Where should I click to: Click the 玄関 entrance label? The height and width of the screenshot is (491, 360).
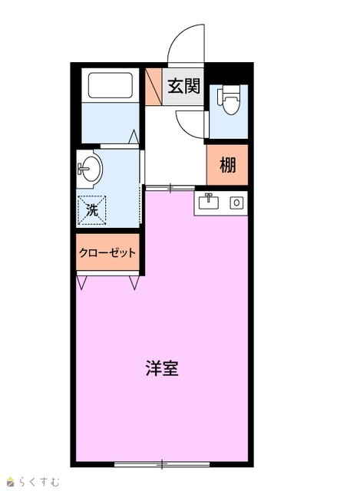tap(184, 86)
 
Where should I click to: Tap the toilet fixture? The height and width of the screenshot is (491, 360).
tap(229, 99)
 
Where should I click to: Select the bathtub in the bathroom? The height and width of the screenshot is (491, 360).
tap(110, 85)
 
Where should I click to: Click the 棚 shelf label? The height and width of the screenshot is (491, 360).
tap(227, 165)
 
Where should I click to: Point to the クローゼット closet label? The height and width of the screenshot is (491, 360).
tap(107, 252)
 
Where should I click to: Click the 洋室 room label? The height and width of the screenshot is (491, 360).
tap(162, 368)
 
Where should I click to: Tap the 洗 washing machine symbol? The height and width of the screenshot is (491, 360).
tap(92, 210)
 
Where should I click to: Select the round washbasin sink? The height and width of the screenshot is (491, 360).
tap(90, 169)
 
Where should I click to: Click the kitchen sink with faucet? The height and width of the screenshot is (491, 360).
tap(209, 202)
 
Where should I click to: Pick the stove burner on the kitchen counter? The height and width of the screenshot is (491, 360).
tap(236, 203)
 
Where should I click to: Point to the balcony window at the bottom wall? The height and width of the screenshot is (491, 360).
tap(162, 463)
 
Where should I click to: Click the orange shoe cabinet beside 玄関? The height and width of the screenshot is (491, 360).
tap(154, 87)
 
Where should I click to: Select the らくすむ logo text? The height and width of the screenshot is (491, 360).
tap(39, 482)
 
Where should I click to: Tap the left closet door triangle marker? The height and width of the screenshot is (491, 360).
tap(82, 283)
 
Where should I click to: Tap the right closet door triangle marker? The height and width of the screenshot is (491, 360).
tap(134, 283)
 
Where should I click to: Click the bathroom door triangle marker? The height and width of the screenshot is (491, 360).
tap(134, 137)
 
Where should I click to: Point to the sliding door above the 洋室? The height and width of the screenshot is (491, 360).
tap(170, 187)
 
